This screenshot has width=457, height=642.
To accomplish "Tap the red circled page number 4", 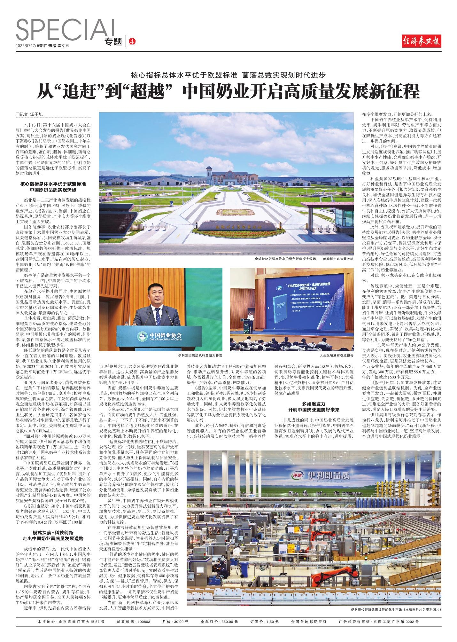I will point(132,42).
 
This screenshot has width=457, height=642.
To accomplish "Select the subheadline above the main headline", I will point(228,75).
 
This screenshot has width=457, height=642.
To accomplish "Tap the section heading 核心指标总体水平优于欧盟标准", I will point(53,184).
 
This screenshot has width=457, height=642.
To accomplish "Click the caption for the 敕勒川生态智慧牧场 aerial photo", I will point(304,259).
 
